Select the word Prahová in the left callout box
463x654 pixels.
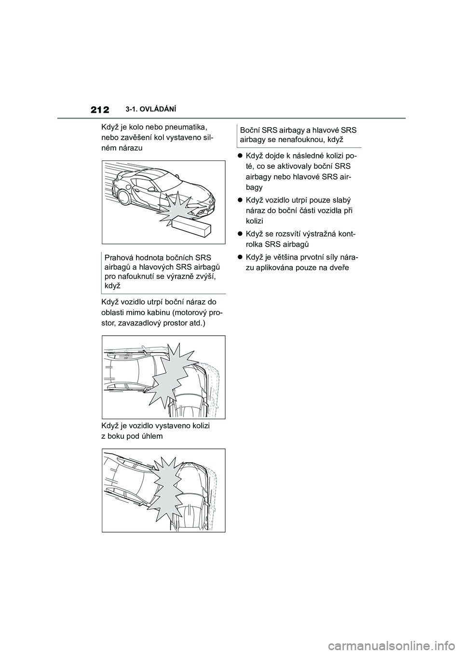[117, 258]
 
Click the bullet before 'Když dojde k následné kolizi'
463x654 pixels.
[240, 156]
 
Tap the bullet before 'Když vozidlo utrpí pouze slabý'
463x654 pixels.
[240, 200]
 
